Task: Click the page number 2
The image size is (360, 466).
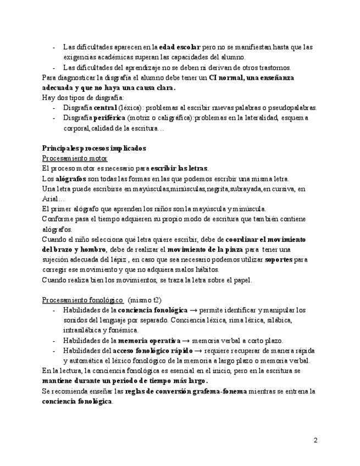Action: click(315, 440)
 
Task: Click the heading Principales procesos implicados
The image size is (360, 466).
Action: click(94, 148)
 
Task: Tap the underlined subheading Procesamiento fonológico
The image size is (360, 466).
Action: click(82, 299)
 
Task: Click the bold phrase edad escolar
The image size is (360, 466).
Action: click(180, 47)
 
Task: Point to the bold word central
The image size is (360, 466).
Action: click(105, 108)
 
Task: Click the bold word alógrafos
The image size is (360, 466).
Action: click(71, 179)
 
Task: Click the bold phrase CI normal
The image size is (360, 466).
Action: click(224, 77)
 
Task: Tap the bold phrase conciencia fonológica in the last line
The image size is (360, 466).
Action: click(77, 401)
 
